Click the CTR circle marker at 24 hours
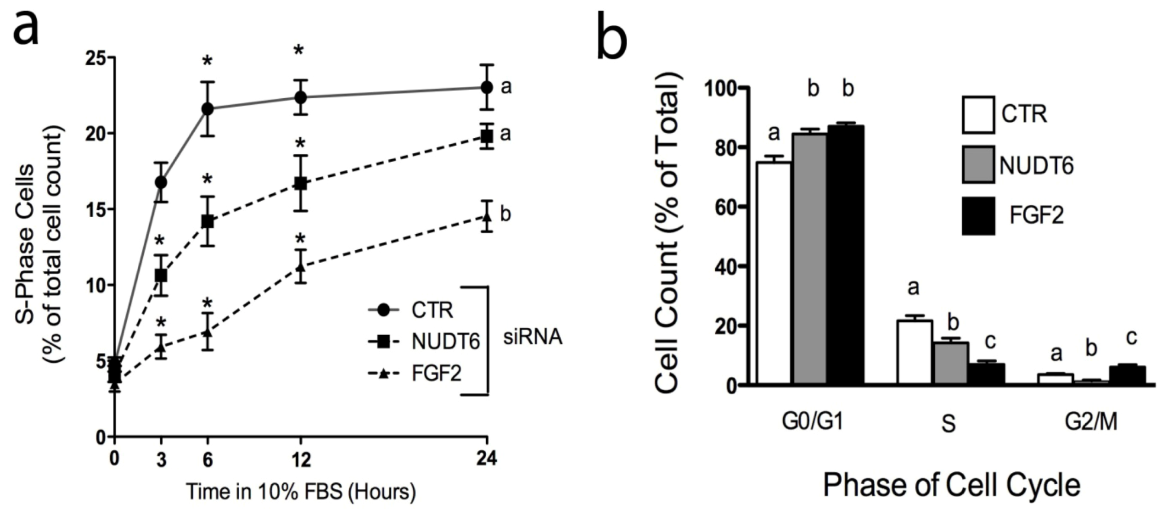pos(487,87)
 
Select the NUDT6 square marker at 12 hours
pos(301,183)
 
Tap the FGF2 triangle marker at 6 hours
pos(207,332)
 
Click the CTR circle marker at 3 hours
pos(161,182)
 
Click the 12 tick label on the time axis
pos(301,459)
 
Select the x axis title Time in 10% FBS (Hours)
pos(301,492)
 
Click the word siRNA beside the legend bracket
pos(532,338)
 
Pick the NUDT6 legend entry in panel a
pos(424,342)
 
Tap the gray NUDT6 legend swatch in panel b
pos(978,165)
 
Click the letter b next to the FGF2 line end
pos(505,214)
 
